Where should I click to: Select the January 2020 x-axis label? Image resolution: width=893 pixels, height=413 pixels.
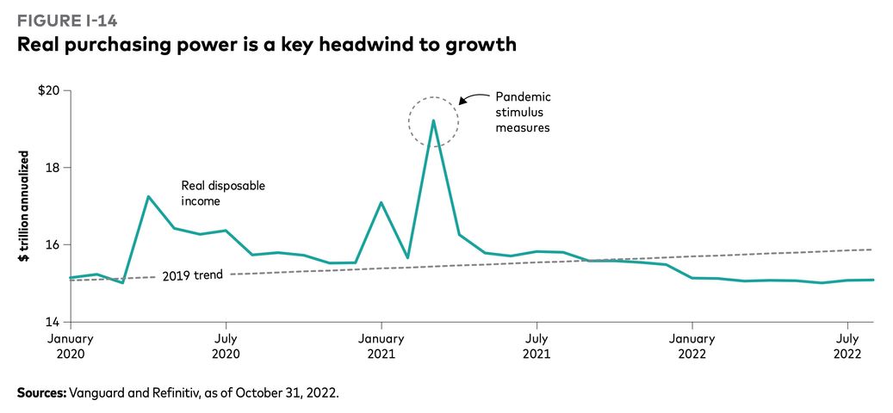point(71,346)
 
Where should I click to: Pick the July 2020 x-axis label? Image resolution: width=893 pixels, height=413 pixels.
point(226,346)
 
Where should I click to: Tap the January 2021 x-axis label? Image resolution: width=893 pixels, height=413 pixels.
point(381,346)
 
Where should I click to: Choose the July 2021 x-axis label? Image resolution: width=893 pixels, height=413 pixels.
point(536,346)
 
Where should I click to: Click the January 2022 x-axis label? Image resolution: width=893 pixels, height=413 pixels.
point(692,346)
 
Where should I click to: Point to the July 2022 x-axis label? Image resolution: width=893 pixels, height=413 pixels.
point(847,346)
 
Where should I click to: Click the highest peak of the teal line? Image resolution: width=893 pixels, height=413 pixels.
point(433,120)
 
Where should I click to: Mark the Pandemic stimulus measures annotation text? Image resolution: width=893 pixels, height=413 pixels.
point(523,112)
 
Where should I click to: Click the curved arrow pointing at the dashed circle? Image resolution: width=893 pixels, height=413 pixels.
point(471,97)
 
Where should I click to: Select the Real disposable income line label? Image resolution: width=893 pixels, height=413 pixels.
point(223,193)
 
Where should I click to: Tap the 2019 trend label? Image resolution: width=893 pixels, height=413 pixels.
point(193,275)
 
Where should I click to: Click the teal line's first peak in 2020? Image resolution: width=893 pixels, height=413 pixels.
point(148,197)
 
